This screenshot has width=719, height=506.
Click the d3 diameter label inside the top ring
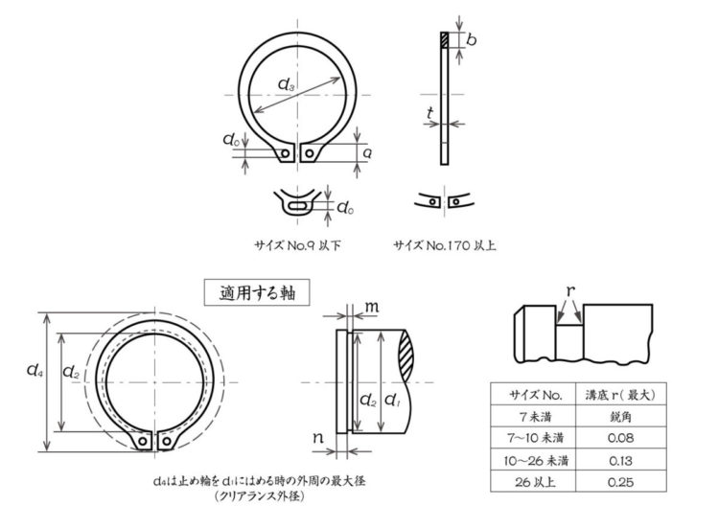tap(286, 84)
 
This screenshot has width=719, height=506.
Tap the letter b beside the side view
tap(471, 40)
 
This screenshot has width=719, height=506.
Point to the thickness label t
tap(430, 113)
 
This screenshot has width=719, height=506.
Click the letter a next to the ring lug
tap(367, 153)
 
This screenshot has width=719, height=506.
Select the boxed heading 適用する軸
tap(257, 292)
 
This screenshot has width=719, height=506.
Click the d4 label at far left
tap(35, 369)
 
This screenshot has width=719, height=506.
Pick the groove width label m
tap(372, 307)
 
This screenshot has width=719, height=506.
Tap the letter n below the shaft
tap(318, 438)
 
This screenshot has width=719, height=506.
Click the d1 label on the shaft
tap(392, 401)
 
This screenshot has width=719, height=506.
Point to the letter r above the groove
tap(570, 290)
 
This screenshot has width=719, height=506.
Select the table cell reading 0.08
tap(620, 438)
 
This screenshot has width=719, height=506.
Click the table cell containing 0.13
tap(620, 460)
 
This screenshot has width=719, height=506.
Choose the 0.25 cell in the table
tap(620, 482)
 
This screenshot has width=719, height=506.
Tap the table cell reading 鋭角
tap(620, 417)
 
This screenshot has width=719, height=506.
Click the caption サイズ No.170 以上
tap(444, 245)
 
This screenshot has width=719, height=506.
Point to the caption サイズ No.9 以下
tap(297, 245)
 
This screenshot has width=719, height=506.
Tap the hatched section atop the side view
tap(444, 40)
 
